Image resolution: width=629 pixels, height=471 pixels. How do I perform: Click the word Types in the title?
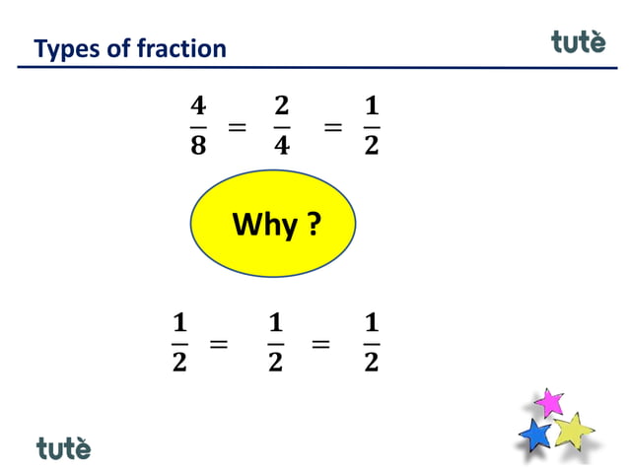[x=61, y=47]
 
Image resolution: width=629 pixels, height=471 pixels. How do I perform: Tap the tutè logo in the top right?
[x=578, y=42]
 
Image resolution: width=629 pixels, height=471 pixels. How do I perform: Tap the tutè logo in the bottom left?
[x=64, y=447]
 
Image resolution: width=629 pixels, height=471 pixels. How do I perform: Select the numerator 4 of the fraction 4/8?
[x=197, y=105]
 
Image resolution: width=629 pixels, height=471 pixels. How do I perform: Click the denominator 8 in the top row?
[x=197, y=145]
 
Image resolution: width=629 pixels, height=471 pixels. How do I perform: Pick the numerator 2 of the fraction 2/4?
[x=281, y=105]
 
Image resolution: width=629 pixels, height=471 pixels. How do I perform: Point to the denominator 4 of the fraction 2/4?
[x=281, y=145]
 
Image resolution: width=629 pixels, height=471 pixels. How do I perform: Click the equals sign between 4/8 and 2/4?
[x=237, y=127]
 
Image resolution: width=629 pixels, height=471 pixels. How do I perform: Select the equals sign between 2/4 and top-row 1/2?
[x=333, y=127]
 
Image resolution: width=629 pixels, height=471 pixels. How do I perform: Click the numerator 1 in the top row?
[x=371, y=105]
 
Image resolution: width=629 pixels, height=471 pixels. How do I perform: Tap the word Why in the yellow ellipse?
[x=264, y=226]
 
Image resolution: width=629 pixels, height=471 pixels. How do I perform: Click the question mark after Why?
[x=313, y=226]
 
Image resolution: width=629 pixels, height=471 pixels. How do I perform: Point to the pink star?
[x=548, y=402]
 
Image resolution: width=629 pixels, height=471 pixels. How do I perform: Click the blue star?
[x=535, y=435]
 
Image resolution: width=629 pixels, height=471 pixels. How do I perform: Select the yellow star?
[x=572, y=430]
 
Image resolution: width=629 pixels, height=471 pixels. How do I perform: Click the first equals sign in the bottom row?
[x=219, y=344]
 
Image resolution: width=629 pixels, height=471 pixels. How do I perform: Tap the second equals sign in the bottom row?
[x=320, y=344]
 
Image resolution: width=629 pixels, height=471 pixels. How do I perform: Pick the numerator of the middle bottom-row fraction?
[x=275, y=322]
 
